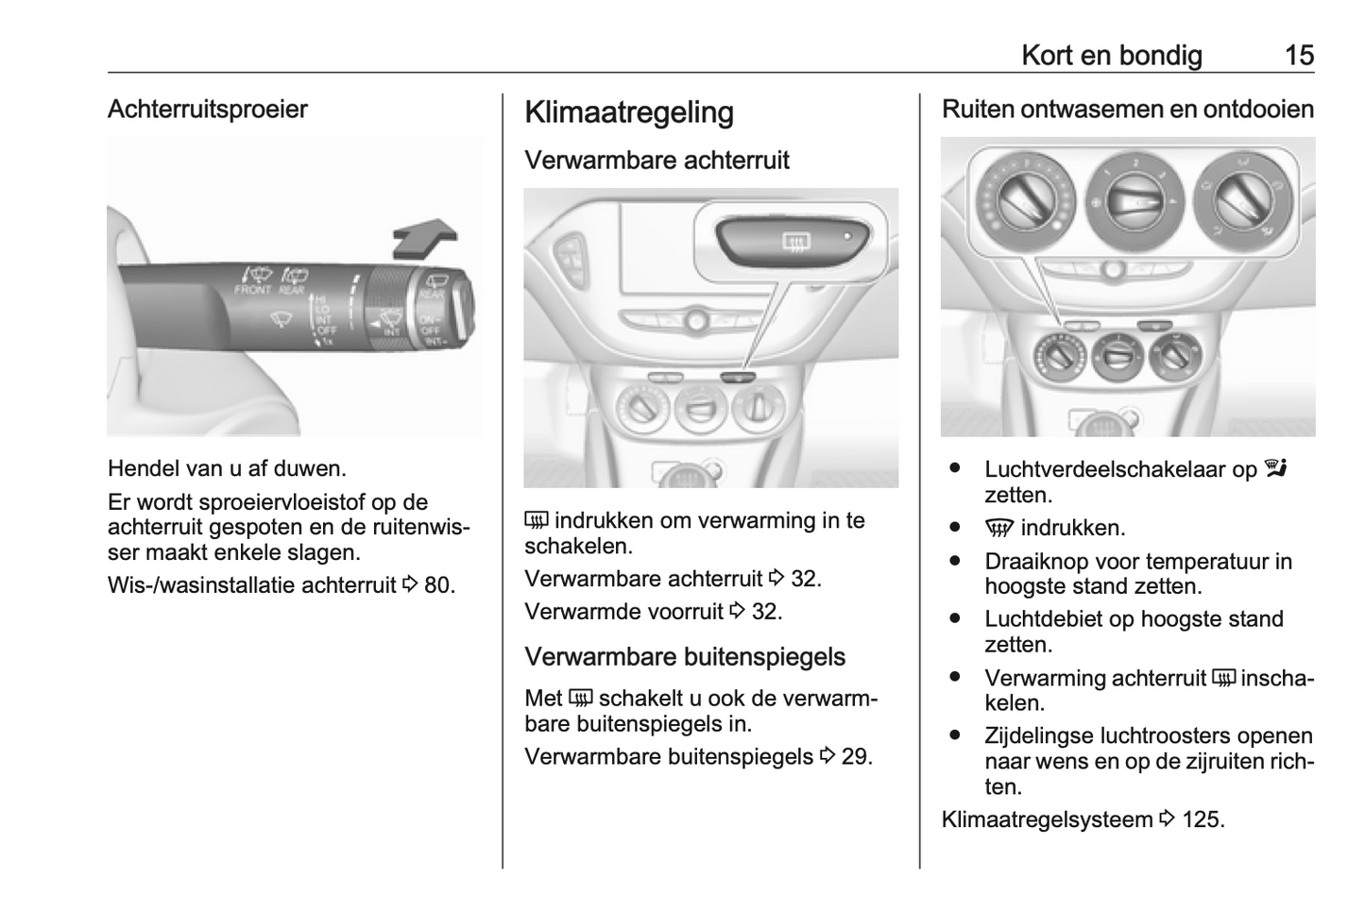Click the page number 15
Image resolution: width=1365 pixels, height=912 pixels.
[x=1299, y=55]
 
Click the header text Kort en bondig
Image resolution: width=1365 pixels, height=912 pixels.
[x=1111, y=55]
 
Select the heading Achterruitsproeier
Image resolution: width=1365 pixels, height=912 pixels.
[x=208, y=110]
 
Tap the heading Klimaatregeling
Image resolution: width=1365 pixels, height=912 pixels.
[x=628, y=112]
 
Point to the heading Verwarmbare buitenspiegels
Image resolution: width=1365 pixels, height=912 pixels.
[x=684, y=656]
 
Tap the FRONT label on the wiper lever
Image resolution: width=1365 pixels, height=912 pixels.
[x=252, y=290]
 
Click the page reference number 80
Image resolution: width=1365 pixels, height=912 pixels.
[x=438, y=585]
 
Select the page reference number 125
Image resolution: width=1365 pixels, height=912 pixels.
[x=1202, y=819]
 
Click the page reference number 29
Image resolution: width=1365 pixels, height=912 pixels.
[x=856, y=756]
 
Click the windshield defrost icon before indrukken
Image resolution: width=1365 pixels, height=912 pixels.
[x=998, y=529]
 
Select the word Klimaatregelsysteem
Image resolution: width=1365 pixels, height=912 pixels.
[x=1046, y=819]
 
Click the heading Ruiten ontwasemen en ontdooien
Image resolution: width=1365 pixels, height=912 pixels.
[x=1128, y=110]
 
